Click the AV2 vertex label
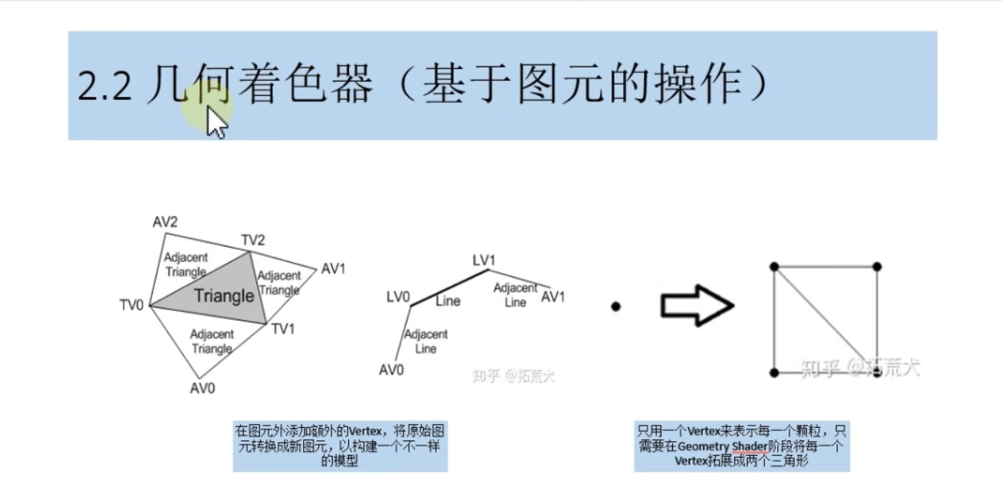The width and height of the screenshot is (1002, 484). (165, 222)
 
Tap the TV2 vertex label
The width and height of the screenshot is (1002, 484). (253, 240)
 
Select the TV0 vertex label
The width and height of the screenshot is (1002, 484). (131, 305)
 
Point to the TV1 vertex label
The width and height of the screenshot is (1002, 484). (283, 328)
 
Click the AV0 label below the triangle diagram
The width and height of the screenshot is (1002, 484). (203, 387)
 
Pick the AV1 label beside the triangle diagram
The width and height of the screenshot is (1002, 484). (334, 269)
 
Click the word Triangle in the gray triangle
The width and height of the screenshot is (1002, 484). (223, 296)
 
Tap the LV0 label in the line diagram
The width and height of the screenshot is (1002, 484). (398, 297)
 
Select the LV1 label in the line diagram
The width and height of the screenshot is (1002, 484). (483, 261)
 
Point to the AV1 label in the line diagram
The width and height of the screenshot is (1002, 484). (552, 297)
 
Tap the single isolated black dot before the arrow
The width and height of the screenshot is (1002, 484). (615, 307)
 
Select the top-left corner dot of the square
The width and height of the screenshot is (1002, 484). (774, 267)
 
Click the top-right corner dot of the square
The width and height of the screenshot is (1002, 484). (877, 267)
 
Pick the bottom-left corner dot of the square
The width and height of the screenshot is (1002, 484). (774, 373)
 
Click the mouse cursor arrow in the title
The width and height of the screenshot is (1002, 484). (217, 123)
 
